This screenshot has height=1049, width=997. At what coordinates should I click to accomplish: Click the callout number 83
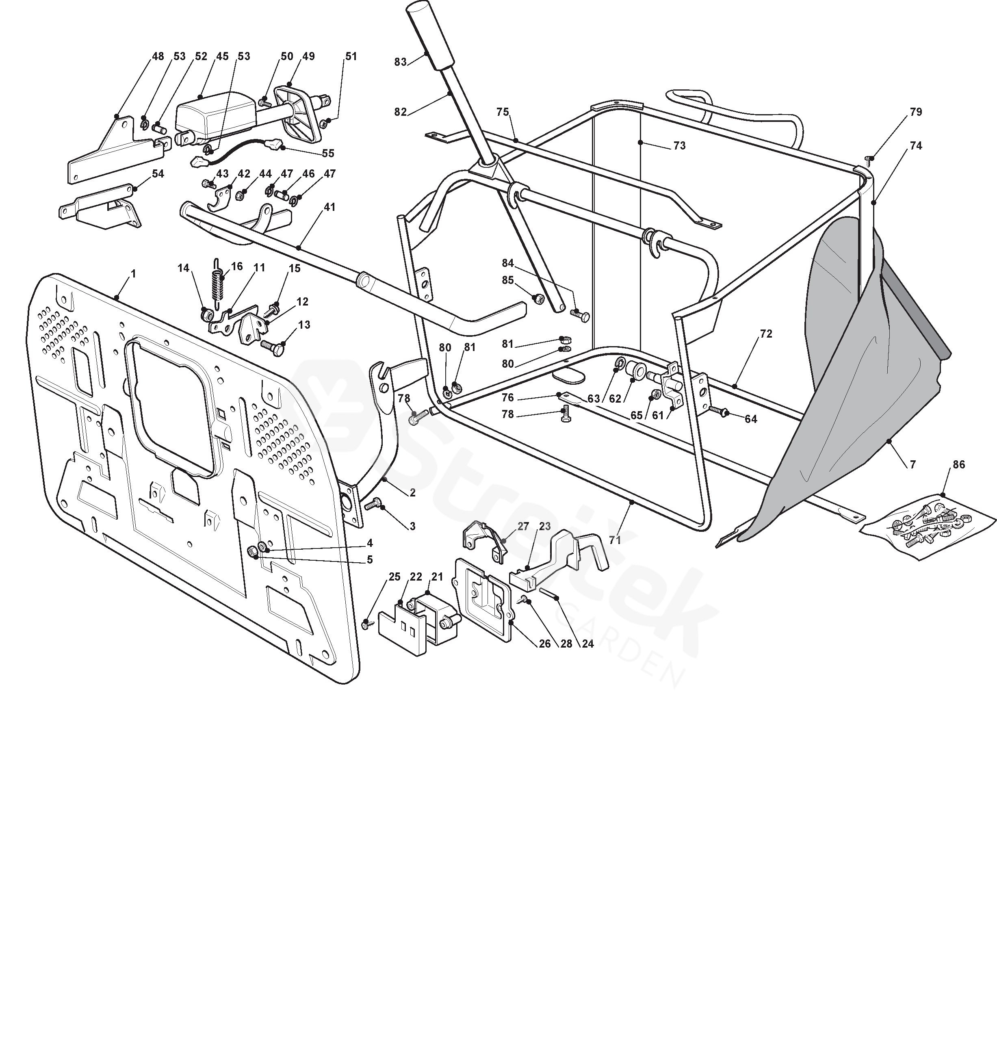(x=400, y=62)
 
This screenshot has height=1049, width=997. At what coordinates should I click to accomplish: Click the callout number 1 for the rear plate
(x=133, y=274)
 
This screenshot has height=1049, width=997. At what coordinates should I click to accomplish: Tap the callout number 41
(x=329, y=207)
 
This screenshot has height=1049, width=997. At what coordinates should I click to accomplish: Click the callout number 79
(x=916, y=112)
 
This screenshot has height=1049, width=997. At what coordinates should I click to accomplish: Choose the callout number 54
(x=158, y=174)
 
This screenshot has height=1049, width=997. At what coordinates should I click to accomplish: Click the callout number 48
(x=158, y=56)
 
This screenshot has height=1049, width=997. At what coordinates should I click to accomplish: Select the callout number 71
(x=615, y=540)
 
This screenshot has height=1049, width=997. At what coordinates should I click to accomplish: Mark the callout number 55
(x=328, y=154)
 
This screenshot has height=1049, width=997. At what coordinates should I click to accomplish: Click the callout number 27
(x=523, y=527)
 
